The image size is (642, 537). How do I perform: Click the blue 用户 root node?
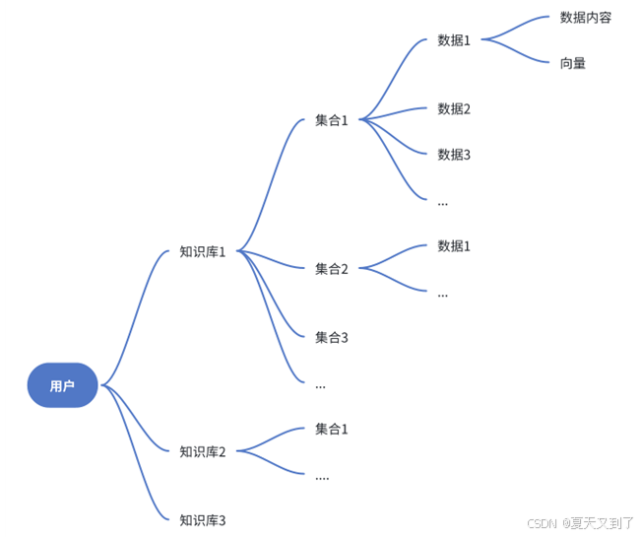pos(62,385)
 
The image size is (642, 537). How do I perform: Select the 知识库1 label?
pos(203,251)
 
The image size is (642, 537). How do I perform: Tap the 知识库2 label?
pos(203,451)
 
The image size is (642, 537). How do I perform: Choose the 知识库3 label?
pos(203,519)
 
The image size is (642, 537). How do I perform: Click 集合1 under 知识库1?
pos(332,120)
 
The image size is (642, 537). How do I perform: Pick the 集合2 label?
pos(332,268)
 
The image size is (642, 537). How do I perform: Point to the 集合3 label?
pos(332,337)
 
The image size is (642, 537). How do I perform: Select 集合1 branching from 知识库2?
pos(332,429)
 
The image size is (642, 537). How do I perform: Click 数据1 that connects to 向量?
pos(454,40)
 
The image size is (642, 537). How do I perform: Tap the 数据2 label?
pos(454,108)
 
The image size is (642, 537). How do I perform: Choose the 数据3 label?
pos(454,154)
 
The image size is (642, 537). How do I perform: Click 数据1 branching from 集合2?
pos(454,245)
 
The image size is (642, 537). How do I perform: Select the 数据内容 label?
pos(585,17)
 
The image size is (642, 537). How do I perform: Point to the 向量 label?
pos(573,63)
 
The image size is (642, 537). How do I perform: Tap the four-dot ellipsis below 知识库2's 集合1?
pos(322,478)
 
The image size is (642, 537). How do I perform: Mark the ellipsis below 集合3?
pos(320,386)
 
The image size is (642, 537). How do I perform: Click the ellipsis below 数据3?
pos(442,203)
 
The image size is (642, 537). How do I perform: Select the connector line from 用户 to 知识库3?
pos(134,463)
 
